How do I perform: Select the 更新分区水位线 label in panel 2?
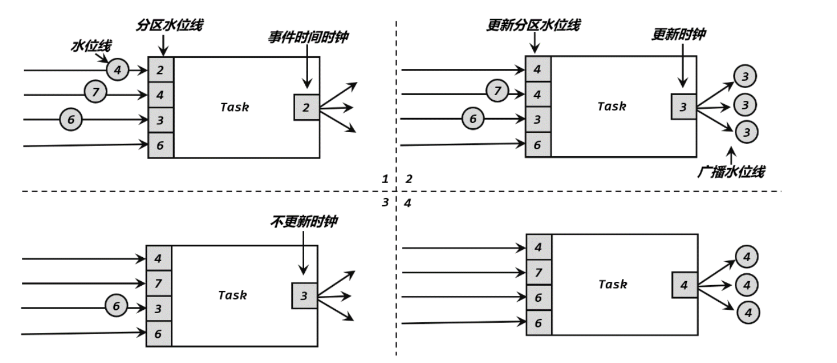[533, 25]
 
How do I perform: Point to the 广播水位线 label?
[731, 171]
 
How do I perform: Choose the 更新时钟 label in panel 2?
[678, 34]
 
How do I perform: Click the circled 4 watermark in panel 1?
[117, 70]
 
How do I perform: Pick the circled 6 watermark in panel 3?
[116, 306]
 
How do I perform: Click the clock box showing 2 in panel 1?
[306, 107]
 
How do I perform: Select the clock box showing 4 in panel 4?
[683, 285]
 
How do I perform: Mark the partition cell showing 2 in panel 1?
[161, 70]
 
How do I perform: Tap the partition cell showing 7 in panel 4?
[538, 273]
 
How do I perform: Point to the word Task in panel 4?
[612, 284]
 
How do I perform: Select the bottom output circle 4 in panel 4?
[747, 311]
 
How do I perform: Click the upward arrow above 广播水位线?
[731, 154]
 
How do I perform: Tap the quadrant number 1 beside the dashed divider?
[385, 179]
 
